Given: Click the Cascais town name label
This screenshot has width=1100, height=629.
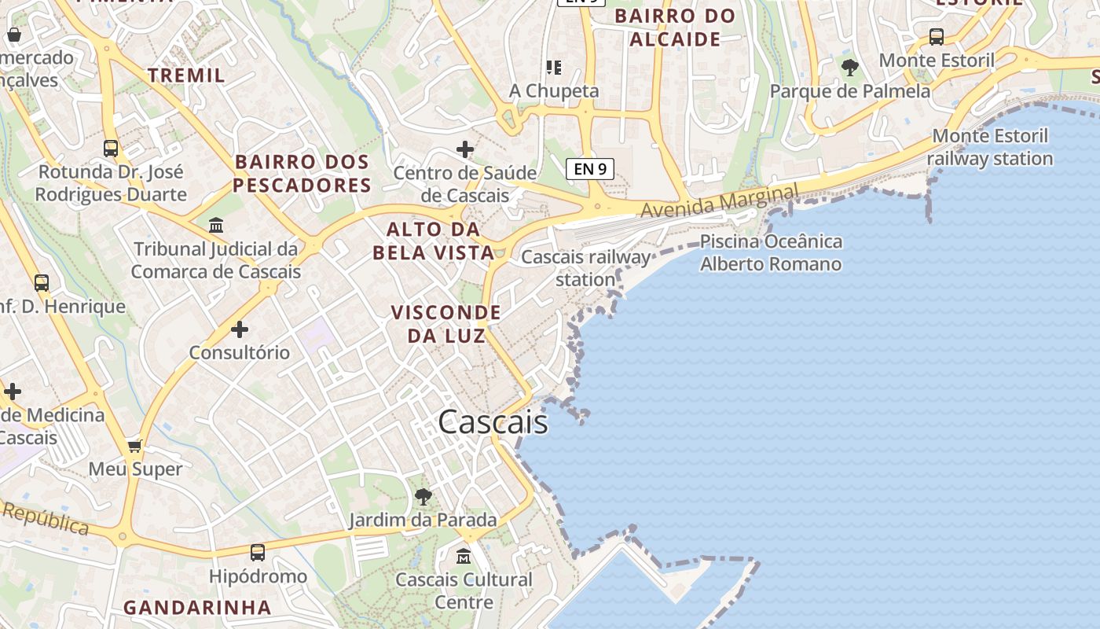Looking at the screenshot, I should click(493, 422).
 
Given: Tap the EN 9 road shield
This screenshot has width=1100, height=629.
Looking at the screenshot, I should click(589, 168).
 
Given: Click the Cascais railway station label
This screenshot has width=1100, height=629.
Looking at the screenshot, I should click(586, 268).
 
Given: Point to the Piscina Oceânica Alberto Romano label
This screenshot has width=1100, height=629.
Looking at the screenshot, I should click(771, 252).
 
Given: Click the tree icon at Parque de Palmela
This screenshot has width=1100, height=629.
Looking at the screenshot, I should click(849, 68).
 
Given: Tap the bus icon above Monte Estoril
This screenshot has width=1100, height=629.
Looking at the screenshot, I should click(936, 36).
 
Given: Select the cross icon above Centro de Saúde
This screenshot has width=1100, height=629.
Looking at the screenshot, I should click(465, 149).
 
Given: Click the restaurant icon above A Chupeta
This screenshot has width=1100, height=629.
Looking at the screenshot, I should click(554, 68).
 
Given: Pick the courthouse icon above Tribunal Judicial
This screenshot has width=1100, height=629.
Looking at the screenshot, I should click(216, 226).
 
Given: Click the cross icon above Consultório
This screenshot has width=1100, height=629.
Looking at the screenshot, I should click(240, 329).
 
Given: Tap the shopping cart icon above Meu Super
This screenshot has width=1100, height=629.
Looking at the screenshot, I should click(135, 446).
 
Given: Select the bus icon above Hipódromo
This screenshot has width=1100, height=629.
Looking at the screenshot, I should click(258, 553).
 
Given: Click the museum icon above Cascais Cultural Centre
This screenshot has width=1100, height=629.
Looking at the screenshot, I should click(464, 556).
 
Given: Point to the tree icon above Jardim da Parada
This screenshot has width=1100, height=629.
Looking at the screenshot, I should click(423, 496).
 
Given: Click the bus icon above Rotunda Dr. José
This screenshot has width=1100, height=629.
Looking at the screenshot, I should click(111, 148).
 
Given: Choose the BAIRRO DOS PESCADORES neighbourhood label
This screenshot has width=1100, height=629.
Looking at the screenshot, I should click(302, 174).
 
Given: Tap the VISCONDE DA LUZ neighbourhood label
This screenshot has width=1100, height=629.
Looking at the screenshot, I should click(446, 324).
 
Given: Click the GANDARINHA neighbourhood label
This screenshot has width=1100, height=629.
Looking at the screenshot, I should click(197, 607).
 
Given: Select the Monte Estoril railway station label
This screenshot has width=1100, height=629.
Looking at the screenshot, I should click(990, 147).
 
